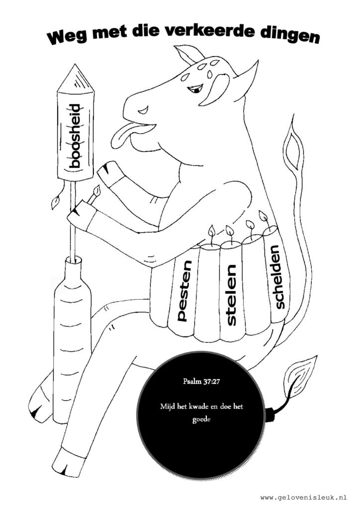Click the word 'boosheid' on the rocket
75,136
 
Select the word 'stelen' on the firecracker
231,295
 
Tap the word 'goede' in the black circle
201,420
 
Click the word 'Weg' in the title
67,38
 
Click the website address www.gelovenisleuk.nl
303,497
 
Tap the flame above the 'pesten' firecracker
212,231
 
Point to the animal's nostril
143,111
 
